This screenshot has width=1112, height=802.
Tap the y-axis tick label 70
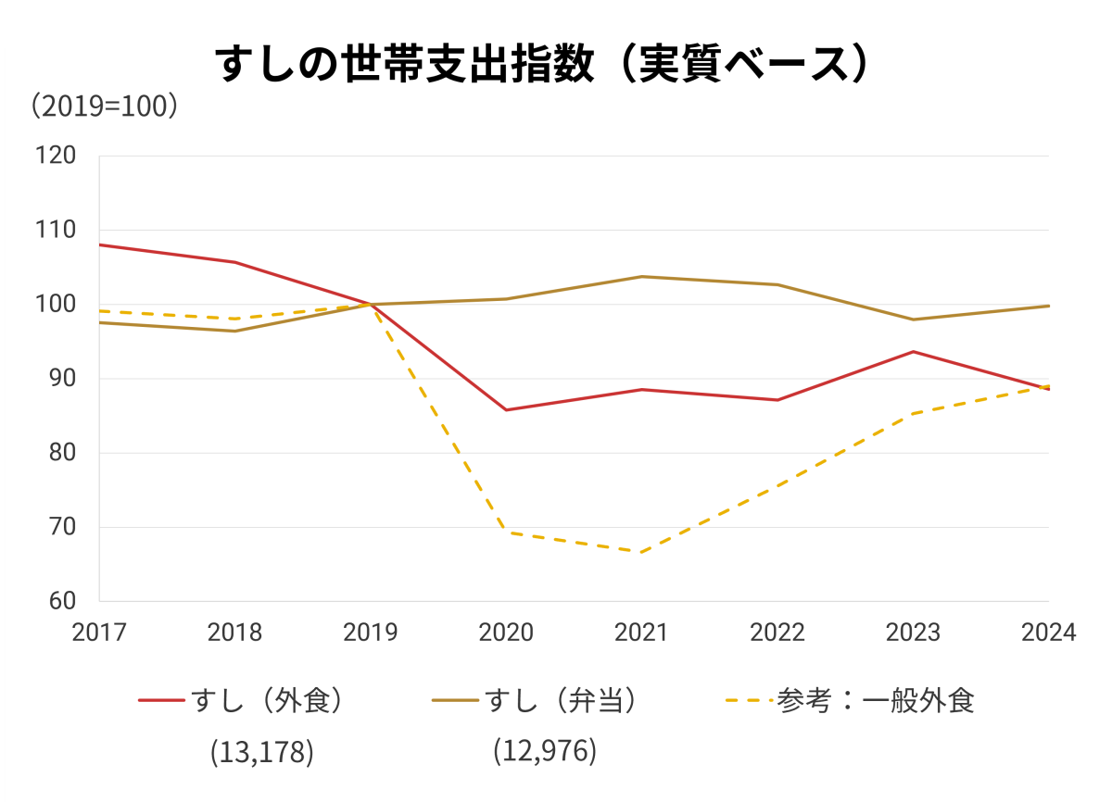pyautogui.click(x=61, y=527)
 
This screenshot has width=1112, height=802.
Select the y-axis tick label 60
pyautogui.click(x=61, y=601)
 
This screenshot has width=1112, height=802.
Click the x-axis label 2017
pyautogui.click(x=99, y=633)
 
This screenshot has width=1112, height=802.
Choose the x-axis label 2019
pyautogui.click(x=371, y=633)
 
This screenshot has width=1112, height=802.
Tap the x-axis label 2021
pyautogui.click(x=641, y=633)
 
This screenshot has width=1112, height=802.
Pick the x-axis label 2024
pyautogui.click(x=1048, y=633)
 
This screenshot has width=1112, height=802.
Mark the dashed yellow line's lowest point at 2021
pyautogui.click(x=641, y=552)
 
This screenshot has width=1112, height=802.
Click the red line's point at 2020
pyautogui.click(x=506, y=409)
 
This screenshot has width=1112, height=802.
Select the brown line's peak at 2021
pyautogui.click(x=641, y=276)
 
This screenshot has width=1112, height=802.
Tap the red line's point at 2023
pyautogui.click(x=913, y=351)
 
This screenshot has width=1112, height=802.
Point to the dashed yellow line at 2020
pyautogui.click(x=506, y=532)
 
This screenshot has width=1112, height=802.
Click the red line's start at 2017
pyautogui.click(x=100, y=244)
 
